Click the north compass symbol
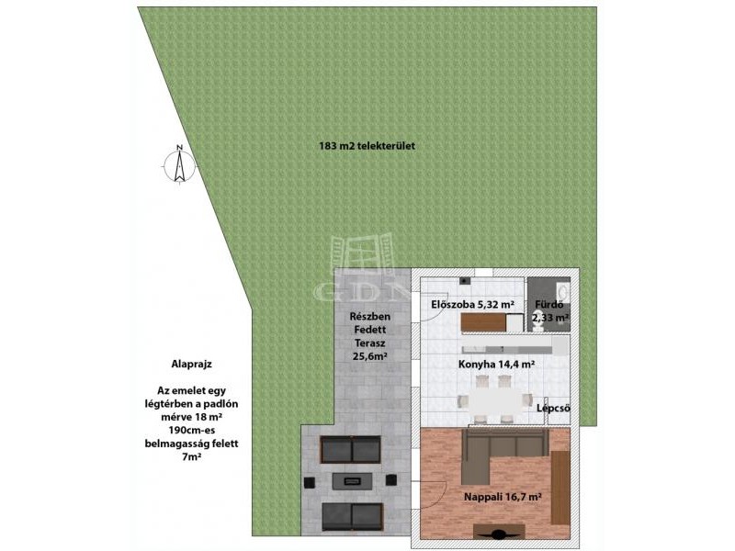click(179, 165)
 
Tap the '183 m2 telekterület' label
click(367, 146)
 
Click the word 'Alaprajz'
click(191, 364)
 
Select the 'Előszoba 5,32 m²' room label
click(473, 305)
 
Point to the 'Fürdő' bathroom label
click(549, 305)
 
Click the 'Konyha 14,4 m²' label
click(497, 364)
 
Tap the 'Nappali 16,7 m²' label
click(503, 497)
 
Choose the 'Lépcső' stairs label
click(554, 408)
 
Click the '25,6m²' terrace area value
click(369, 356)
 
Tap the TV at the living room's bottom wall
click(498, 532)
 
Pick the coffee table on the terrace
click(352, 481)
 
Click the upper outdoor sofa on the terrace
click(351, 450)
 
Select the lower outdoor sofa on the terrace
click(352, 517)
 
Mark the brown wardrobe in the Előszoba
click(484, 322)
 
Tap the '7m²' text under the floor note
click(191, 456)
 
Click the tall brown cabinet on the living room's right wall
click(560, 488)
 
